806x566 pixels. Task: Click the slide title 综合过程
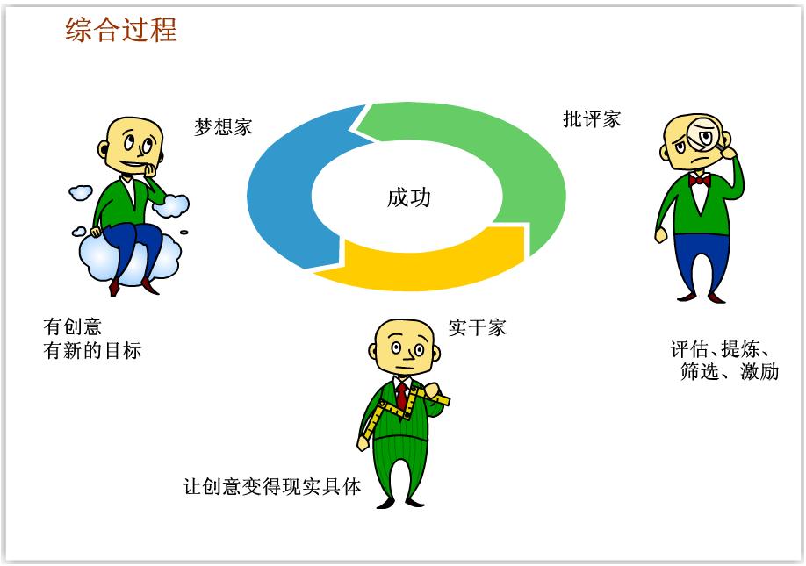[x=121, y=29]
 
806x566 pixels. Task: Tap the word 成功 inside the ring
[x=408, y=197]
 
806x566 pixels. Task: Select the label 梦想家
[x=223, y=127]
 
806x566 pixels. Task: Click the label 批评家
[x=592, y=119]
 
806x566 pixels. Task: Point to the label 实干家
[x=477, y=327]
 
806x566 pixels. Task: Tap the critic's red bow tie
[x=699, y=180]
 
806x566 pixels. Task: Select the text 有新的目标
[x=92, y=351]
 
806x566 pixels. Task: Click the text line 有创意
[x=73, y=326]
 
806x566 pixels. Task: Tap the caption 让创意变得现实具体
[x=272, y=486]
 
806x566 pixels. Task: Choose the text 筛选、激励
[x=730, y=371]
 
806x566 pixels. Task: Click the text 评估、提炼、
[x=721, y=349]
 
